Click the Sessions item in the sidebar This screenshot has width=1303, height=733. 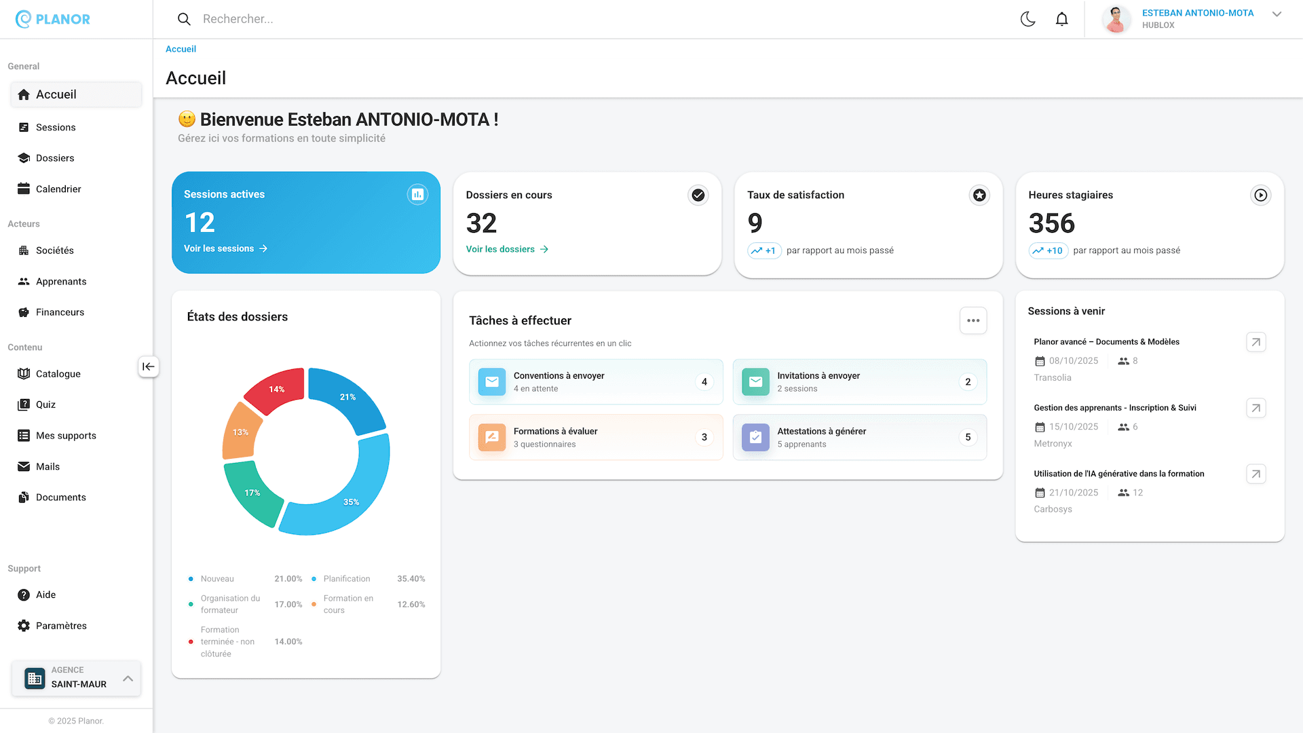[55, 128]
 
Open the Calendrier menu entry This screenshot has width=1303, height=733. [58, 189]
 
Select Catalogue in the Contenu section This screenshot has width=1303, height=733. [58, 374]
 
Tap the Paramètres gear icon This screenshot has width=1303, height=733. [24, 626]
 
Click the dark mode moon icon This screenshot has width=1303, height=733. [1027, 19]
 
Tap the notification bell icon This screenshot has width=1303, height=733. [1062, 19]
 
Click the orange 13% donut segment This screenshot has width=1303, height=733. [240, 432]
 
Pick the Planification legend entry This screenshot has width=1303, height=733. [346, 579]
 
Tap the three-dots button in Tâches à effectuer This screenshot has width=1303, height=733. [972, 321]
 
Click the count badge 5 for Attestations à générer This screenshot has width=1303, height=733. [968, 438]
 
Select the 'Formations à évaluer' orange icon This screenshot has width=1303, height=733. [491, 438]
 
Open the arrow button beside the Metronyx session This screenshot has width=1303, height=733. [1255, 409]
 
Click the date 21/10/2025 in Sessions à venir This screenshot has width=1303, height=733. [1073, 493]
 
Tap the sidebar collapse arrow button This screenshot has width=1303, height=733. [148, 367]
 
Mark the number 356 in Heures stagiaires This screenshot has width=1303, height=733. [1051, 224]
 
